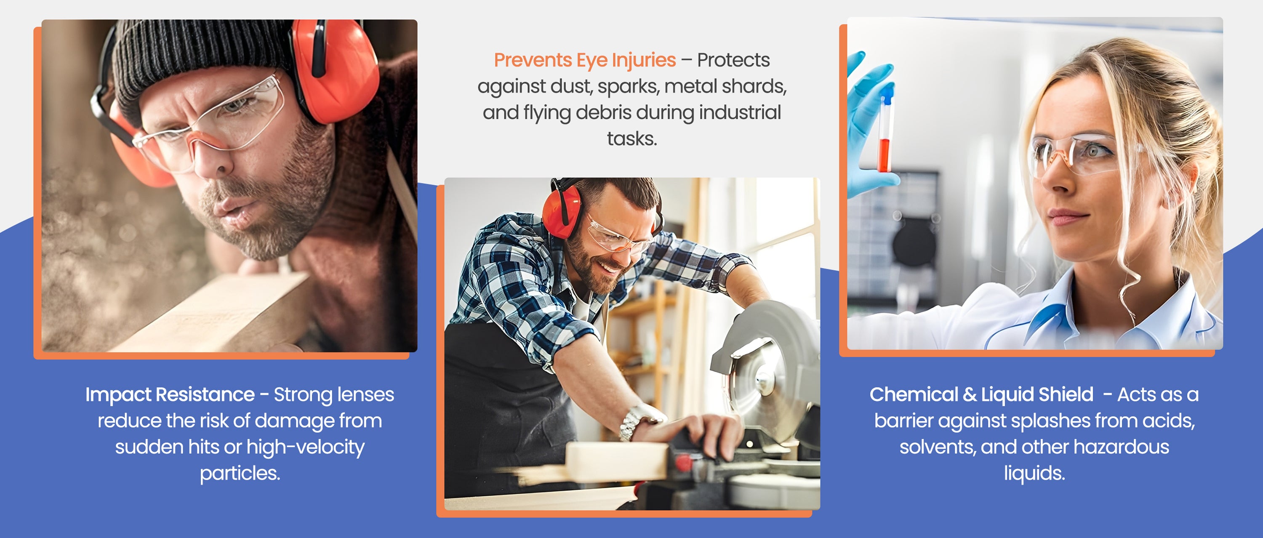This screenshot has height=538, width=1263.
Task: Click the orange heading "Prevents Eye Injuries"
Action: pos(584,60)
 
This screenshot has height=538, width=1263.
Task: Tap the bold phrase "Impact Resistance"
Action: pos(170,394)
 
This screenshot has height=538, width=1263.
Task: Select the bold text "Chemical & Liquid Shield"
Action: pos(981,394)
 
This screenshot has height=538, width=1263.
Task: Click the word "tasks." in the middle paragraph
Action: pos(631,139)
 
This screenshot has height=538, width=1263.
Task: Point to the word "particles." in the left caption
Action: pos(240,473)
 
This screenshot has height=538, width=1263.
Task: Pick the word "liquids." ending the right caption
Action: pos(1034,473)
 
